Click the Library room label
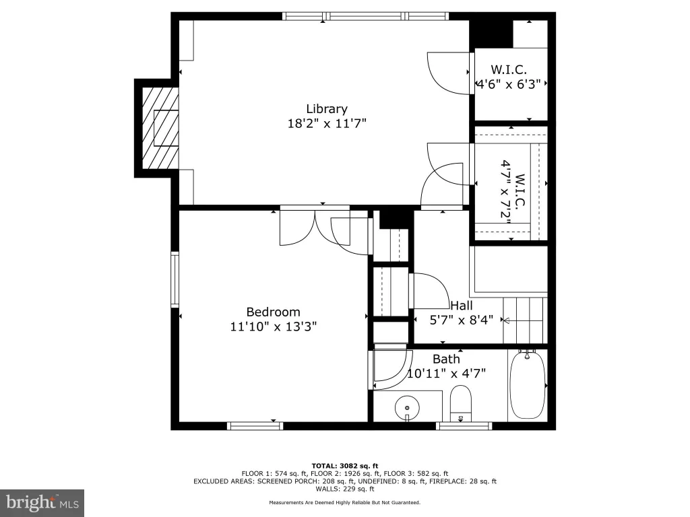327,109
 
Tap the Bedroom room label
273,312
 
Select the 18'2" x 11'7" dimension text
327,124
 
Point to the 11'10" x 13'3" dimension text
274,326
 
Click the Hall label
461,306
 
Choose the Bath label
446,359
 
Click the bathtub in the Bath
527,384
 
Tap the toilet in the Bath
461,403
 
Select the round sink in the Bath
407,407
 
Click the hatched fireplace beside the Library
160,128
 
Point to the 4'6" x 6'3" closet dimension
509,84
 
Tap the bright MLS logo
42,503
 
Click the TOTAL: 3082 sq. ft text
345,466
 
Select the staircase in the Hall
526,320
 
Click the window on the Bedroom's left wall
175,279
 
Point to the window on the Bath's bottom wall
464,425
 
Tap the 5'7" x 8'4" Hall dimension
461,320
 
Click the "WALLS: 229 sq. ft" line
345,489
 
